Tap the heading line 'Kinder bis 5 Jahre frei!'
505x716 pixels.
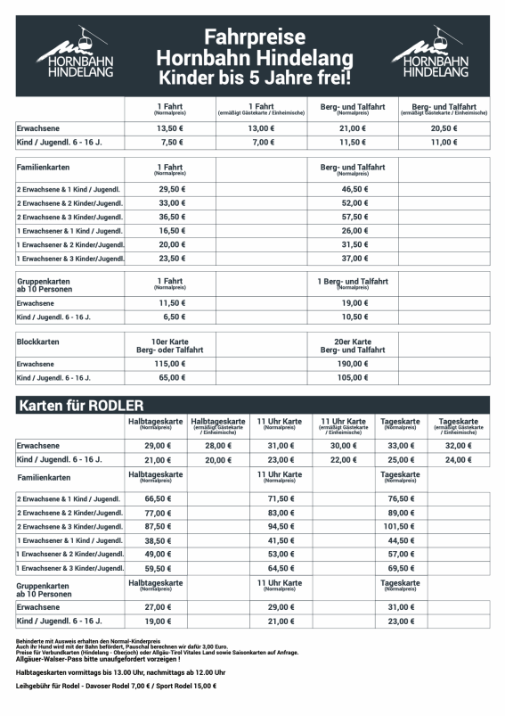253,78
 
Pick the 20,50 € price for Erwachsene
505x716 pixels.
444,128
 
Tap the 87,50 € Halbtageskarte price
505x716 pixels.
157,526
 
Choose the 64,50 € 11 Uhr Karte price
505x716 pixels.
281,567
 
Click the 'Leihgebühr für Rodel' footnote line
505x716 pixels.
116,687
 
